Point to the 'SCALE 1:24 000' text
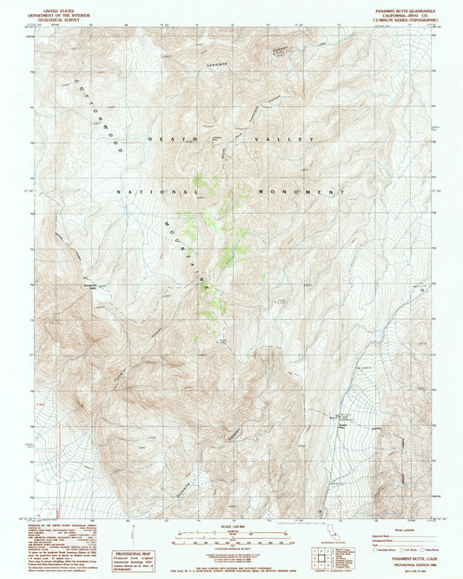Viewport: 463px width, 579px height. coord(231,526)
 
